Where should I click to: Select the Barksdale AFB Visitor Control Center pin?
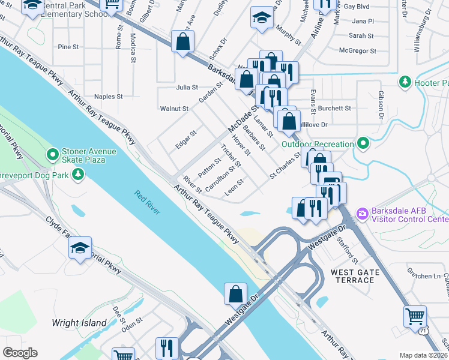362,213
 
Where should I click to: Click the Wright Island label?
79,323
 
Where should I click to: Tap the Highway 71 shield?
423,330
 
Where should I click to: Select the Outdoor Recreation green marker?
363,143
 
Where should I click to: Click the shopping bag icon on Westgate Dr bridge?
236,295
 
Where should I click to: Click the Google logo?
20,352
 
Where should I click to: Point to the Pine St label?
68,47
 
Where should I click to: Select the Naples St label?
108,96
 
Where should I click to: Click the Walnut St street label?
174,109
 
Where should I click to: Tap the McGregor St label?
358,52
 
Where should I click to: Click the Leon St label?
234,188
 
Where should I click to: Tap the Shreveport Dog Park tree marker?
77,174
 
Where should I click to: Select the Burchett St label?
334,108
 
